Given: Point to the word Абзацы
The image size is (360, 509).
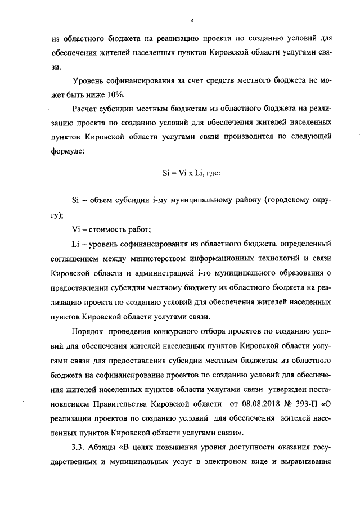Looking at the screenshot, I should point(106,448).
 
